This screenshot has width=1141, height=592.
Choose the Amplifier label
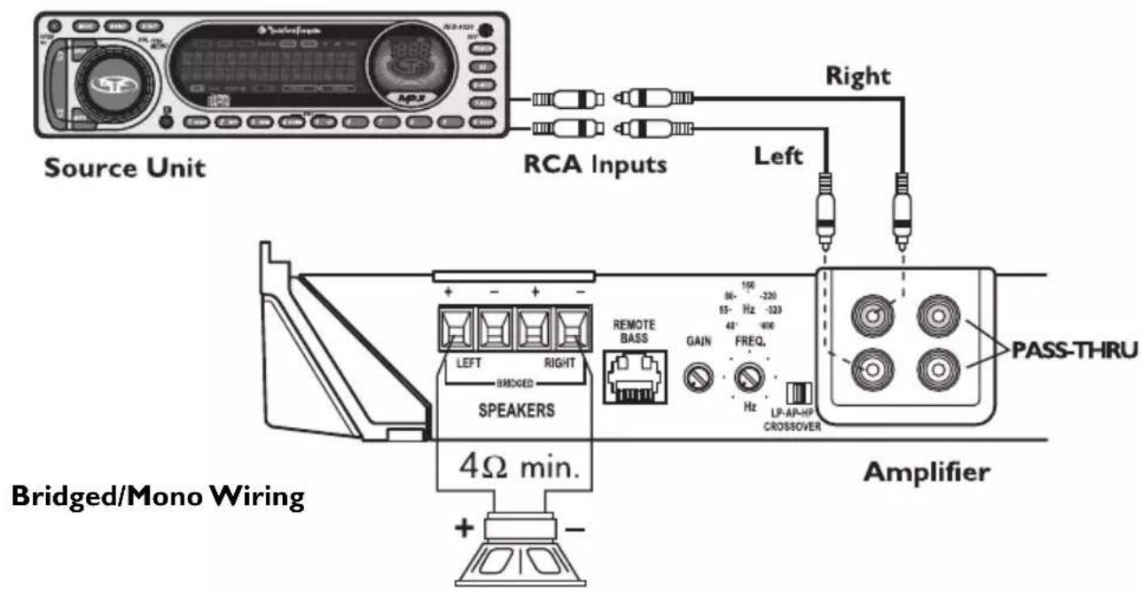[926, 472]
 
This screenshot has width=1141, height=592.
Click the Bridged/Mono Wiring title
[158, 499]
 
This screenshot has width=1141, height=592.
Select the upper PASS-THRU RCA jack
[939, 315]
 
